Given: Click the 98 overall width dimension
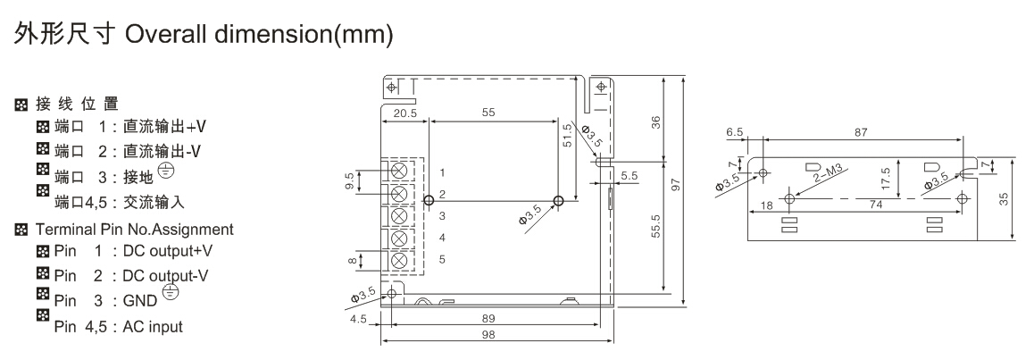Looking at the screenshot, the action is (x=488, y=335).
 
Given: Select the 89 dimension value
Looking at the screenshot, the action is (x=488, y=318).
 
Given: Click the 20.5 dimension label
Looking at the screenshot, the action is (x=405, y=113).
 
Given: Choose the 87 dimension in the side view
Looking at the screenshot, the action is (x=861, y=132).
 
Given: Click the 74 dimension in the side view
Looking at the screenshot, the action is (x=876, y=205).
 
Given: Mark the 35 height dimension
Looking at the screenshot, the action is (x=1004, y=198).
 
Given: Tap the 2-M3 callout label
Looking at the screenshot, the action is (x=829, y=177).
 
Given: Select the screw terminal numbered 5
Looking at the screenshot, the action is (x=398, y=261).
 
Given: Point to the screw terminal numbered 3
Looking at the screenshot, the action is (x=398, y=215).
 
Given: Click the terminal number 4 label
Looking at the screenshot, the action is (x=442, y=238).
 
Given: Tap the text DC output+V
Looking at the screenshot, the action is (x=169, y=251).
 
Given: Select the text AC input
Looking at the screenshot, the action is (x=153, y=327).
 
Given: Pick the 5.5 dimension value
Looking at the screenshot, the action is (x=630, y=176).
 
